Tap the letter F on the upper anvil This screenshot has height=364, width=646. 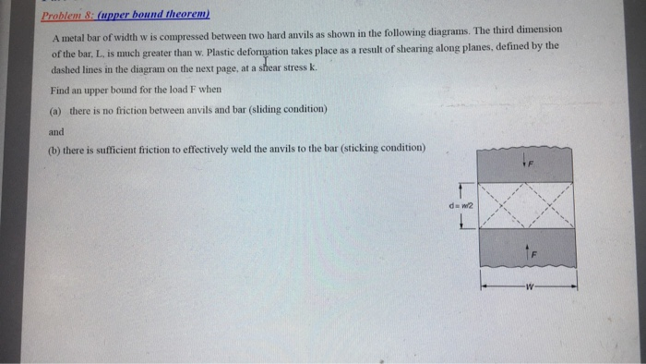pyautogui.click(x=532, y=164)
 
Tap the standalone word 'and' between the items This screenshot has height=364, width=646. pyautogui.click(x=56, y=131)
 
